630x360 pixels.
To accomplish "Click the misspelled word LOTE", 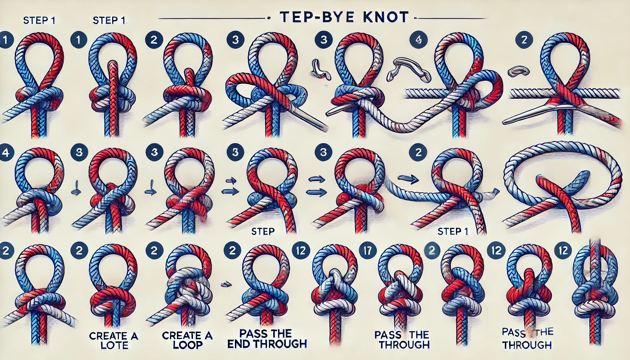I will pos(114,345).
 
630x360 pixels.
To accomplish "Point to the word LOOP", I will pos(188,345).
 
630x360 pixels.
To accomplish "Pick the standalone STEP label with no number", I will pos(263,231).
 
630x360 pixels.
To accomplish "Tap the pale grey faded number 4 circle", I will pos(418,40).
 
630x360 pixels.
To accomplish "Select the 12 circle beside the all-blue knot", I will pos(563,250).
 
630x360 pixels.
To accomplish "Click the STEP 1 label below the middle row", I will pos(452,231).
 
